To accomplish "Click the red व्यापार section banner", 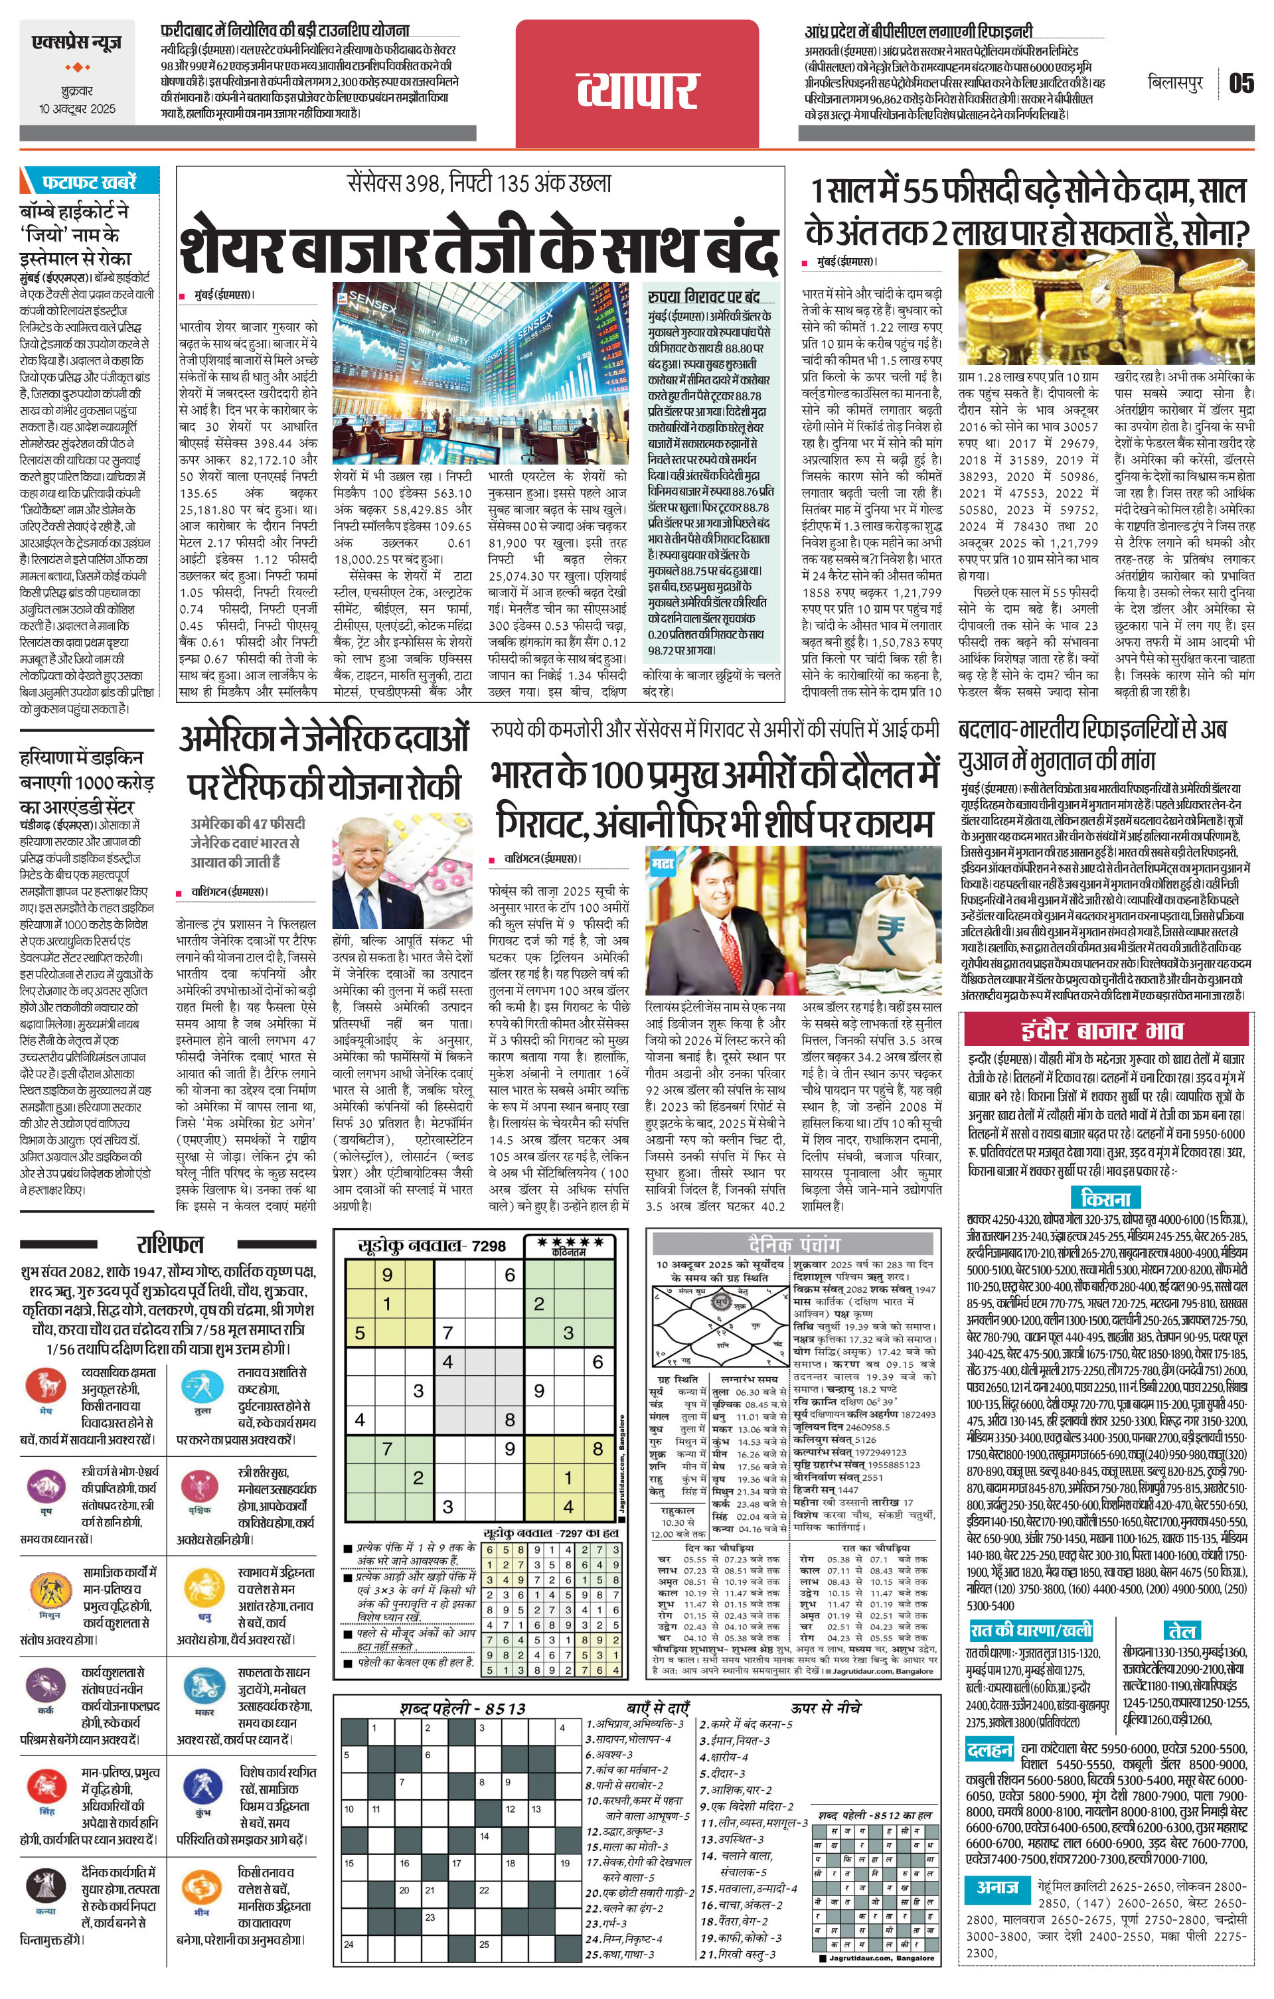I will tap(637, 85).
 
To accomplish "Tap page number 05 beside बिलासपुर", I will tap(1241, 83).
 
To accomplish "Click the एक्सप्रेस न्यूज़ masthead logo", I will tap(76, 42).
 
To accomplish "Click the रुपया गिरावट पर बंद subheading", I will tap(704, 297).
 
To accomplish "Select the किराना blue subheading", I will tap(1106, 1198).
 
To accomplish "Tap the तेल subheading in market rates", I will tap(1181, 1629).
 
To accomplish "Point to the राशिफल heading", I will tap(169, 1244).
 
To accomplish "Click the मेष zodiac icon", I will tap(45, 1386).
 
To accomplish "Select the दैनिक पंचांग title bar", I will tap(795, 1244).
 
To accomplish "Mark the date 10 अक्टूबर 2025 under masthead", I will tap(76, 109).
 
